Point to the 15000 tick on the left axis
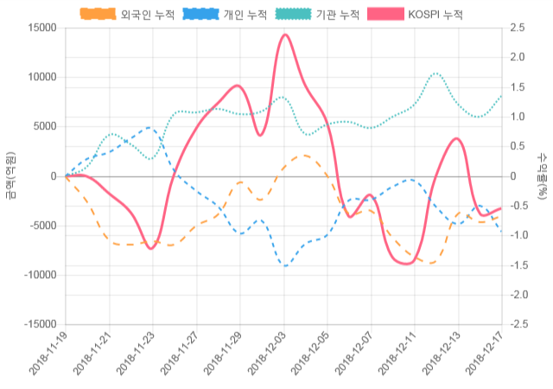coord(41,28)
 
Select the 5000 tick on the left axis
coord(44,126)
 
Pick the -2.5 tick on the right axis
coord(520,324)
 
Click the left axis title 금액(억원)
coord(10,175)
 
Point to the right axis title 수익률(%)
coord(542,175)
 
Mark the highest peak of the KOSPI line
coord(284,35)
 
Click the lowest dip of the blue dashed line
coord(284,265)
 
